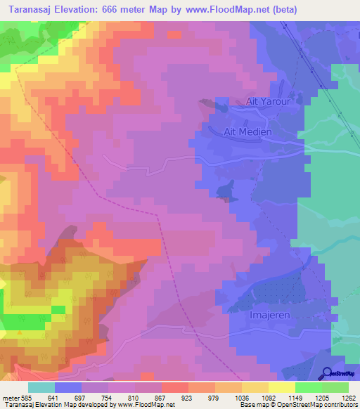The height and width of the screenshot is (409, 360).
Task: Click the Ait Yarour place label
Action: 263,102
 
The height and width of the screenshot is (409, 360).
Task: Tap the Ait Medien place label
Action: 242,131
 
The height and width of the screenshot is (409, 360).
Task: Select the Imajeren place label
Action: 271,316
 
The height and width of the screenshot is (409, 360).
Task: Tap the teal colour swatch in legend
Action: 41,387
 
